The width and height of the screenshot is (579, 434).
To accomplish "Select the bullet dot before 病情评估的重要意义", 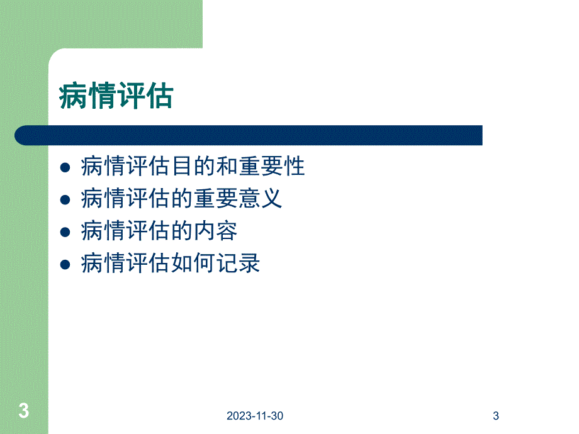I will pos(64,200).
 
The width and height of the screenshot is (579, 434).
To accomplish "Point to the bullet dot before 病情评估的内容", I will pos(64,232).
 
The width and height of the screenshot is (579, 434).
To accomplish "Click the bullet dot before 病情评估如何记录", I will pos(64,265).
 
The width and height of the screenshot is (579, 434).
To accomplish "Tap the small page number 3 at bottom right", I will pos(496,416).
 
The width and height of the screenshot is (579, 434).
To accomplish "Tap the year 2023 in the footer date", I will pos(240,416).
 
